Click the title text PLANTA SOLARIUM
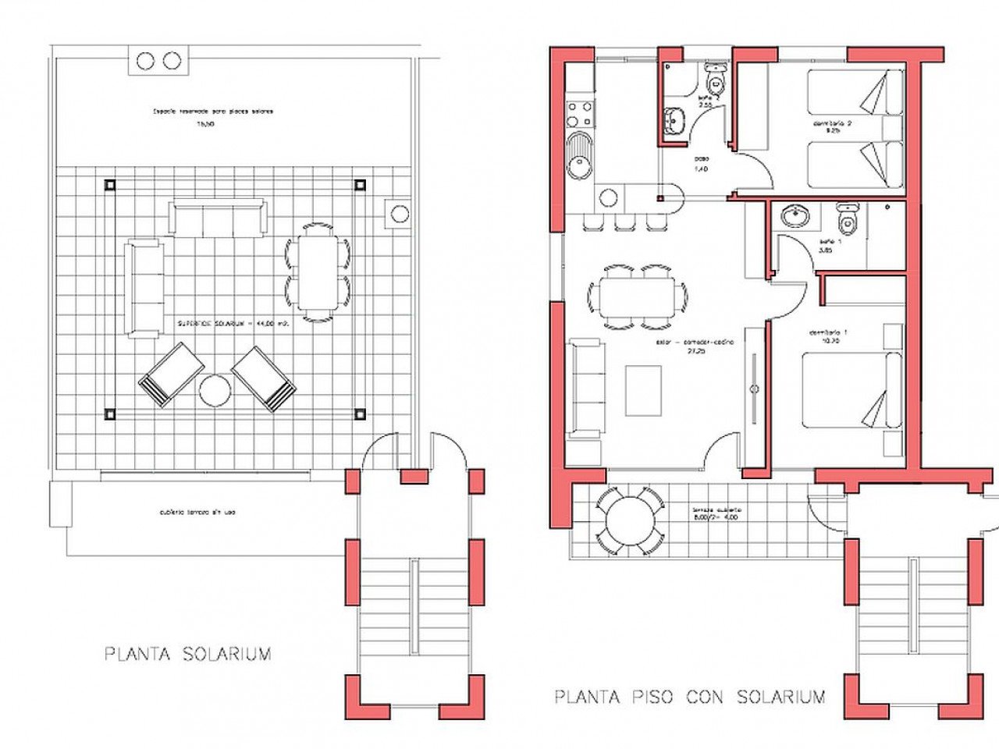pyautogui.click(x=188, y=654)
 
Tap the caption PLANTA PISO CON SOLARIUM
pyautogui.click(x=690, y=697)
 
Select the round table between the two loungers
pyautogui.click(x=215, y=391)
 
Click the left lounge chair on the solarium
pyautogui.click(x=171, y=374)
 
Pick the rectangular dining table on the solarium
pyautogui.click(x=318, y=271)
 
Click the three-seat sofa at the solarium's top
pyautogui.click(x=219, y=218)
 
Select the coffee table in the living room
pyautogui.click(x=643, y=390)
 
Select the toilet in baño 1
pyautogui.click(x=847, y=220)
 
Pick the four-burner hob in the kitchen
pyautogui.click(x=580, y=113)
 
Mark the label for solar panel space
pyautogui.click(x=213, y=112)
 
